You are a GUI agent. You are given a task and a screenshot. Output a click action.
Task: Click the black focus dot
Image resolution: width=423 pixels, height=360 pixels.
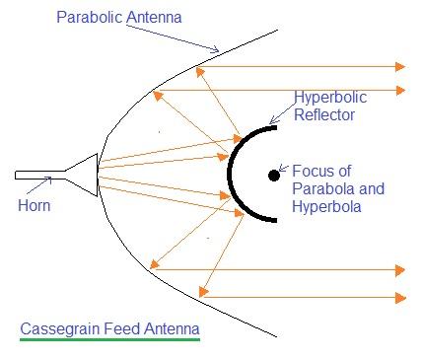[x=273, y=176]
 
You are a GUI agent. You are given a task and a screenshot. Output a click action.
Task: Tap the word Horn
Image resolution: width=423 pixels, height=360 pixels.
[x=34, y=206]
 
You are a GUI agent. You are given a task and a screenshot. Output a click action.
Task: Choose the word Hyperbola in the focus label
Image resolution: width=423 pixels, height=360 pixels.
[x=326, y=206]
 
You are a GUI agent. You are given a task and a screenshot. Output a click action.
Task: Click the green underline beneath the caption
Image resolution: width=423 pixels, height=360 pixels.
[x=108, y=340]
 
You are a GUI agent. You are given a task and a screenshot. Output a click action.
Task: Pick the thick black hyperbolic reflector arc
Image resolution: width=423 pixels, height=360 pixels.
[x=232, y=176]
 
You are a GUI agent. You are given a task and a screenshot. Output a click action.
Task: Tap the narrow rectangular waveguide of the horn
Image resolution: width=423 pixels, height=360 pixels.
[x=39, y=175]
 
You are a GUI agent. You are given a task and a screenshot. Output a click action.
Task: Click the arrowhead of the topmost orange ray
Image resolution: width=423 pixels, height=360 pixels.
[x=399, y=66]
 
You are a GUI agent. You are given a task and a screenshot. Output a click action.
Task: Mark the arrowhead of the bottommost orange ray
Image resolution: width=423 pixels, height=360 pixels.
[x=399, y=297]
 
